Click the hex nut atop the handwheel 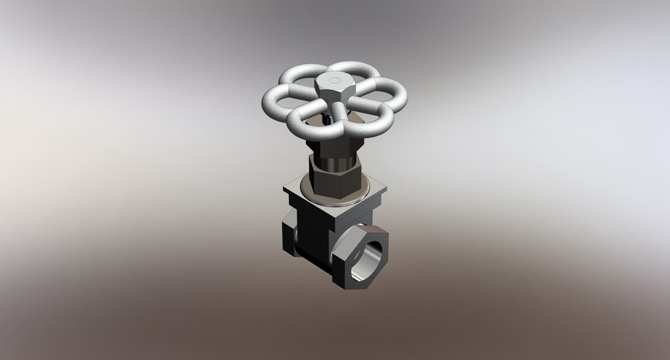(x=334, y=88)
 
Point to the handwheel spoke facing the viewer (x=338, y=116)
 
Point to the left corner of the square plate (x=286, y=188)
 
